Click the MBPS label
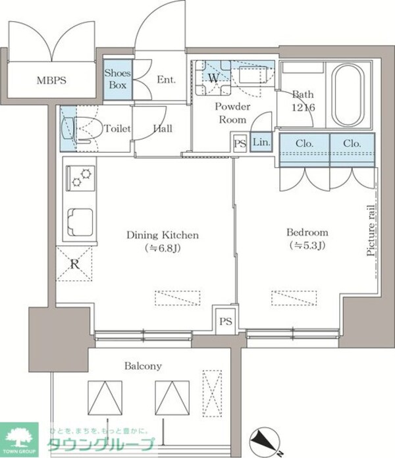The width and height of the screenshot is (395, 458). point(51,80)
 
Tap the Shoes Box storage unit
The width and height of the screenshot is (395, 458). point(118,80)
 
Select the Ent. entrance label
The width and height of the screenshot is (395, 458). point(167,80)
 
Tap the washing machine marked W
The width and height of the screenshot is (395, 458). point(213,78)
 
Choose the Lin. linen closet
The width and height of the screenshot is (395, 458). point(261,142)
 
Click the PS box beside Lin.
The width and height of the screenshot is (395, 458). point(240,143)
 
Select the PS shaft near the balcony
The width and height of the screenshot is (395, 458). point(226,322)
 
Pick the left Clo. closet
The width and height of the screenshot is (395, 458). point(305,150)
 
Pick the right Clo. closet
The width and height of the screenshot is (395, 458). point(352,150)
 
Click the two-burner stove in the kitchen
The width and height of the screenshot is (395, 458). point(80,178)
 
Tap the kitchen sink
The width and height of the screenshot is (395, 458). point(80,222)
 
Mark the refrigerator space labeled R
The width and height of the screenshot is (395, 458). point(74,264)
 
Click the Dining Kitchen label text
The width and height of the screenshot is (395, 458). point(163,235)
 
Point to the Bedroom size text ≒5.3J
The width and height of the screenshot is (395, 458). point(307,245)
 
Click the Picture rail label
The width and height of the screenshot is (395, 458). point(371,230)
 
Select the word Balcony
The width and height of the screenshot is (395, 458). point(143,366)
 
